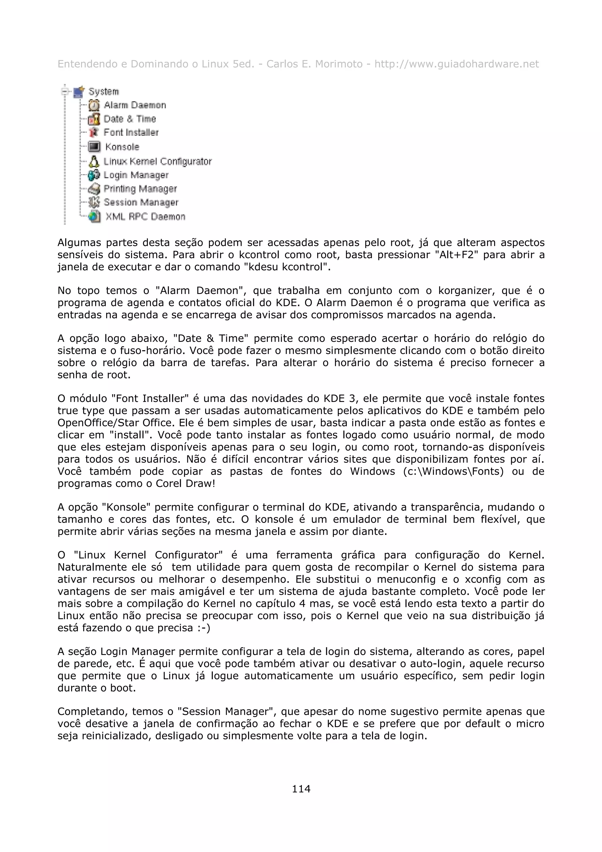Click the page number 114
point(301,788)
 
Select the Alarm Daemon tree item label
point(135,105)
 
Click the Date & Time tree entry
point(129,119)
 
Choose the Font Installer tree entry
point(131,133)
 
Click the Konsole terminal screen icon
point(94,147)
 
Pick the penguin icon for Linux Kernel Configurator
point(94,161)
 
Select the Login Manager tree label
point(136,175)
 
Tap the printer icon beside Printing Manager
point(94,189)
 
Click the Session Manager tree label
point(141,203)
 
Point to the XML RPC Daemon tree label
point(145,217)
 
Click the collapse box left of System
point(65,91)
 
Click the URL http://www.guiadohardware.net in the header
point(456,64)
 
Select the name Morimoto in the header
point(338,64)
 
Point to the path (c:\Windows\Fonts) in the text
point(453,471)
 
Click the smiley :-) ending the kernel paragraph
point(204,628)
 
